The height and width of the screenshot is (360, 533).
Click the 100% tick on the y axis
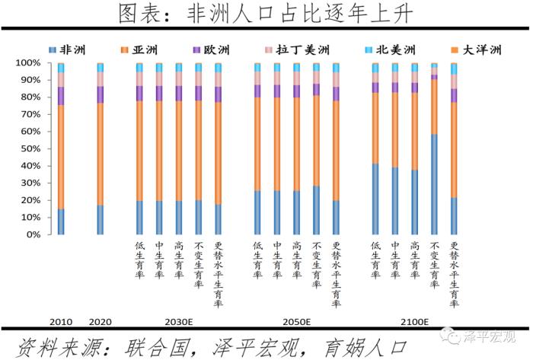pyautogui.click(x=28, y=63)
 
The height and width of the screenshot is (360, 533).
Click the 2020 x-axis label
pyautogui.click(x=101, y=320)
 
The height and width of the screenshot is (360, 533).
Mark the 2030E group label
pyautogui.click(x=177, y=320)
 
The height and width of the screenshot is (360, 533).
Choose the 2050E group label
pyautogui.click(x=295, y=320)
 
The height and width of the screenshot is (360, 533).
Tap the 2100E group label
pyautogui.click(x=413, y=320)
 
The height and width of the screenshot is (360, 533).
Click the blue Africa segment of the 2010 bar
pyautogui.click(x=61, y=221)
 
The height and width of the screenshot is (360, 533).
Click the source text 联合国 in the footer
pyautogui.click(x=141, y=344)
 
